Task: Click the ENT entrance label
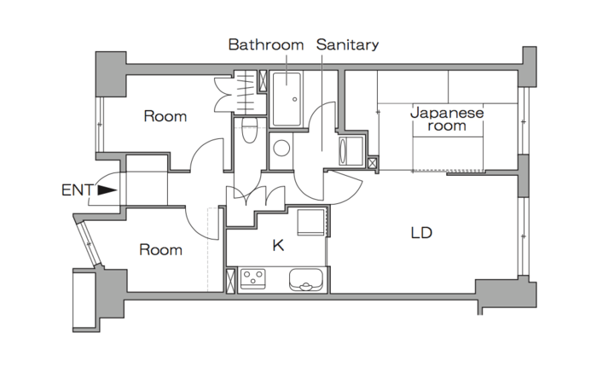tap(77, 190)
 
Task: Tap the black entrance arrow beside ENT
tap(107, 190)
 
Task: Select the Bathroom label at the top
tap(266, 44)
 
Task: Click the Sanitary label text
tap(347, 44)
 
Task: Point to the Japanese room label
tap(447, 119)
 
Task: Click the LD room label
tap(421, 233)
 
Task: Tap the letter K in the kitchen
tap(278, 245)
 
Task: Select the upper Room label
tap(165, 116)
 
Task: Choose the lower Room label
tap(160, 250)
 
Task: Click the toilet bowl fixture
tap(249, 131)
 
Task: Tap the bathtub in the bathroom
tap(287, 99)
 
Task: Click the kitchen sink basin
tap(306, 280)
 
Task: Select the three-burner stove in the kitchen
tap(252, 279)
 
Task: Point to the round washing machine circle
tap(281, 149)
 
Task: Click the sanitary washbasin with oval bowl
tap(351, 151)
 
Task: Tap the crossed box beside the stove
tap(231, 281)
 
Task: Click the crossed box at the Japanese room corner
tap(373, 163)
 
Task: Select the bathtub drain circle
tap(294, 100)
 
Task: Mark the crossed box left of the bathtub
tap(263, 81)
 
